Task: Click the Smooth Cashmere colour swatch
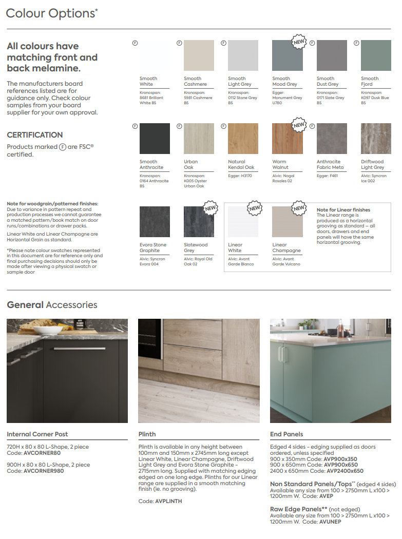199,55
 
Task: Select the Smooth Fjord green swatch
376,55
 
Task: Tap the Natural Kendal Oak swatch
243,139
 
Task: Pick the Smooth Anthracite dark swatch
155,139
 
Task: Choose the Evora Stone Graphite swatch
155,222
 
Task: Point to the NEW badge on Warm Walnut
298,125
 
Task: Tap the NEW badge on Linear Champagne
298,208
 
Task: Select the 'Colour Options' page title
50,14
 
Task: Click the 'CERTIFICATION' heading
35,135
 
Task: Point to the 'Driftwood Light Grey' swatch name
372,164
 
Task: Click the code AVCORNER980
44,471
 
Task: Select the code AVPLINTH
168,501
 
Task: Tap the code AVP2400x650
343,471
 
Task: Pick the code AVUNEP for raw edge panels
330,522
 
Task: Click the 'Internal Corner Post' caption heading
37,434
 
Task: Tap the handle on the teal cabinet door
281,355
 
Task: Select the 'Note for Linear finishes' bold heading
343,210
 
